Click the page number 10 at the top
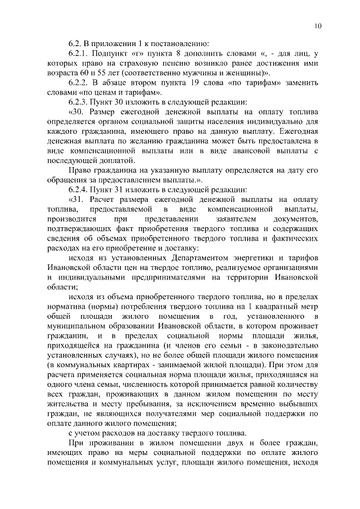(318, 26)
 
